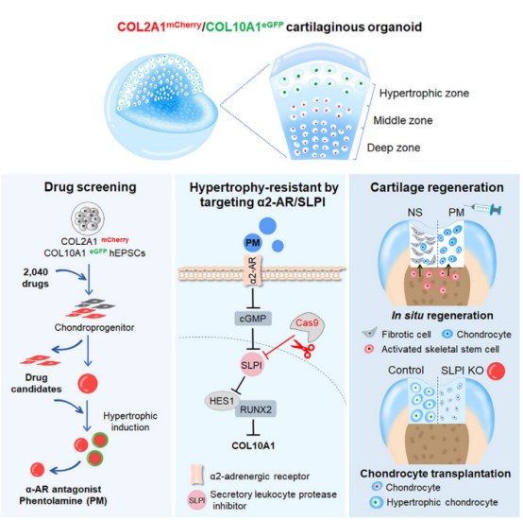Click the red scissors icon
pyautogui.click(x=304, y=349)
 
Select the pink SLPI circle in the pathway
pyautogui.click(x=252, y=365)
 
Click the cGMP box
pyautogui.click(x=253, y=319)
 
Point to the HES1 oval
pyautogui.click(x=222, y=401)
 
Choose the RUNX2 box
pyautogui.click(x=256, y=409)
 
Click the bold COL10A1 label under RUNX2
pyautogui.click(x=253, y=446)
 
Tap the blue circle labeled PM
pyautogui.click(x=252, y=243)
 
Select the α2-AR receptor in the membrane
pyautogui.click(x=252, y=270)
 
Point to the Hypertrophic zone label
pyautogui.click(x=424, y=93)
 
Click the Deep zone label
pyautogui.click(x=394, y=147)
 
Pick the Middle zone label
pyautogui.click(x=402, y=120)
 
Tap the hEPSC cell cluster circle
pyautogui.click(x=88, y=218)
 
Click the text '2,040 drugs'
pyautogui.click(x=36, y=278)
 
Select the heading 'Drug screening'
pyautogui.click(x=90, y=187)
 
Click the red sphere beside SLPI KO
pyautogui.click(x=496, y=371)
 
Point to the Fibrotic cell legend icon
pyautogui.click(x=369, y=333)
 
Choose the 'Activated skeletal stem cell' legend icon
pyautogui.click(x=369, y=349)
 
